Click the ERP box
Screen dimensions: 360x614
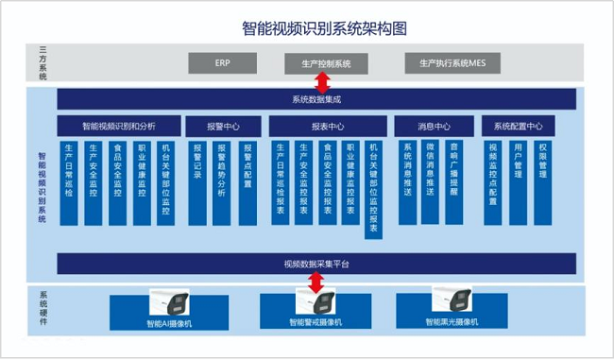[223, 63]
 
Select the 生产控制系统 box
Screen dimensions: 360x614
[318, 63]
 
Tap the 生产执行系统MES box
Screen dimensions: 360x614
[445, 63]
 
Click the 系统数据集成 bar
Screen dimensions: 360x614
[316, 99]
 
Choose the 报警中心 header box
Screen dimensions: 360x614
[217, 126]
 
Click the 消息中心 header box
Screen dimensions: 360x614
[434, 126]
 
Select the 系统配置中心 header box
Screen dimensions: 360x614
[518, 126]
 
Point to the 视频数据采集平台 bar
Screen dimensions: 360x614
[316, 263]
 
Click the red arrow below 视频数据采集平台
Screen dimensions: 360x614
[317, 283]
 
